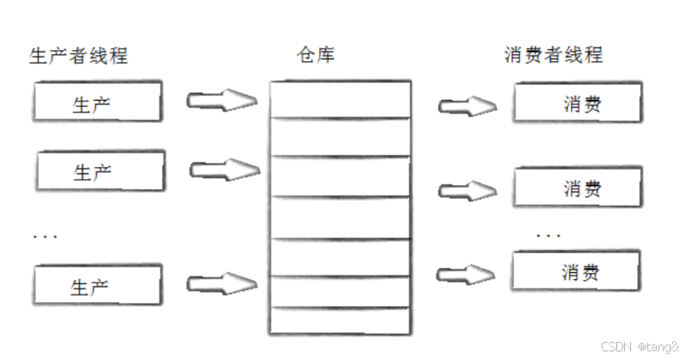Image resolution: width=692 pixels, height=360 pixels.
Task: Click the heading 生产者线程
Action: [78, 56]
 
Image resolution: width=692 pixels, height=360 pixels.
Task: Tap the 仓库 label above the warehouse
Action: [315, 56]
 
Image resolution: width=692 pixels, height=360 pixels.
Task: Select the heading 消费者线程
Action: [553, 56]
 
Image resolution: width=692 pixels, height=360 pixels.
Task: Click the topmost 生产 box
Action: [98, 103]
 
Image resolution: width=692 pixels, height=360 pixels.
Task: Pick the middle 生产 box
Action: [100, 171]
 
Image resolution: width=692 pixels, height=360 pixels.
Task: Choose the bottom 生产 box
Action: [98, 285]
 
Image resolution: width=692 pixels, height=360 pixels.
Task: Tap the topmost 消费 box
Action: [578, 104]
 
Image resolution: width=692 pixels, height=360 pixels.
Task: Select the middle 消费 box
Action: [578, 187]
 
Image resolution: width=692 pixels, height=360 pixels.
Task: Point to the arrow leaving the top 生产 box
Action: [222, 100]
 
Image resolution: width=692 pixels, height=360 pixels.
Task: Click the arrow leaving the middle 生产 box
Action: [224, 169]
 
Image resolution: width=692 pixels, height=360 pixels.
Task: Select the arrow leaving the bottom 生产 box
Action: [222, 282]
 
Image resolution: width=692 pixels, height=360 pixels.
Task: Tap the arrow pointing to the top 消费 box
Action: [468, 106]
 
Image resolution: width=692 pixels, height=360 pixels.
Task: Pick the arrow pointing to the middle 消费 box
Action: [468, 189]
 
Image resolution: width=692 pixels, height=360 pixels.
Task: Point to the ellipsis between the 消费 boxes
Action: [548, 234]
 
